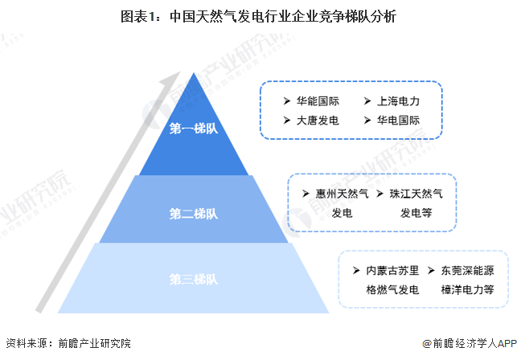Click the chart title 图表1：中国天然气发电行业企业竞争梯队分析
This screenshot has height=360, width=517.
[x=259, y=16]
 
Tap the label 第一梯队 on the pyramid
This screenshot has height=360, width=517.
[x=194, y=129]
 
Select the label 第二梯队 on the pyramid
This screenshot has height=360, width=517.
[x=194, y=214]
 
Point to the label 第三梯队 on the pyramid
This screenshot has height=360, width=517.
[x=194, y=279]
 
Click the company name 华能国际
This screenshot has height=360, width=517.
[x=318, y=101]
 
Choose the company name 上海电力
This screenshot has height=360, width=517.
[x=398, y=101]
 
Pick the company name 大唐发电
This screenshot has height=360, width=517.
[x=318, y=121]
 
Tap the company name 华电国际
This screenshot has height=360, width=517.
[x=398, y=121]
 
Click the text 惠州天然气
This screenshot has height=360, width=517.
[x=342, y=194]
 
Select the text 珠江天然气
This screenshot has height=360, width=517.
[x=416, y=194]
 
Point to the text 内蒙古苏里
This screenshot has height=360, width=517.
[x=392, y=271]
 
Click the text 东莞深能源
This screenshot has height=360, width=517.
[x=467, y=271]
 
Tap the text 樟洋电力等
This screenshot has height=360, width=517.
[x=467, y=290]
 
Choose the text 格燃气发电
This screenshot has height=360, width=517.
[x=392, y=290]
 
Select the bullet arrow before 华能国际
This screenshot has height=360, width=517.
[x=287, y=101]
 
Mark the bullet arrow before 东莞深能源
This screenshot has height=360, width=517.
[x=431, y=271]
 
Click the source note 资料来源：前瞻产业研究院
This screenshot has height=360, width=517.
[x=68, y=343]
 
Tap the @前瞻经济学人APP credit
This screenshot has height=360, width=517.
[x=470, y=343]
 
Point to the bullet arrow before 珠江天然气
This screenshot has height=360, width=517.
[x=380, y=194]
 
